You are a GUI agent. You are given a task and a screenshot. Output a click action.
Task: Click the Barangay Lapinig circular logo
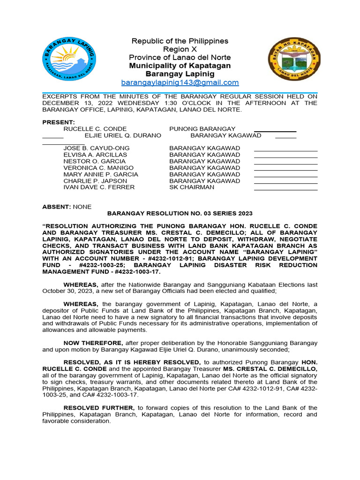69,59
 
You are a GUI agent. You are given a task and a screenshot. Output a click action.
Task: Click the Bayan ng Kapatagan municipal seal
294,60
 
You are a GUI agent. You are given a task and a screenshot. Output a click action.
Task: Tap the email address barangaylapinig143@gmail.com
180,82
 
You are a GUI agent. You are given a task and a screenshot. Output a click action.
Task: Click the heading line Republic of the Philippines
180,41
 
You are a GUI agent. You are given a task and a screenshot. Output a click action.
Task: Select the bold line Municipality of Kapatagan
180,66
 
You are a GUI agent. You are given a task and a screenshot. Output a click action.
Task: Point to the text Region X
180,49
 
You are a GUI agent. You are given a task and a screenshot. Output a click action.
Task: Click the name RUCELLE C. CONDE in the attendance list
95,129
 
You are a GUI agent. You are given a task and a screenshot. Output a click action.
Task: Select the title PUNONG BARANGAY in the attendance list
202,129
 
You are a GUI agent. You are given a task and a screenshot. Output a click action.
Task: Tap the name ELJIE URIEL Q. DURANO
123,135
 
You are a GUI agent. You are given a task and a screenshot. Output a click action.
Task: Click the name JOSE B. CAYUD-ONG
97,148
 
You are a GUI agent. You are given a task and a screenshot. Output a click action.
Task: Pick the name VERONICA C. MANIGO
98,168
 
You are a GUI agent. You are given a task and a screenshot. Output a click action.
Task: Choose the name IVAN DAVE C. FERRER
99,187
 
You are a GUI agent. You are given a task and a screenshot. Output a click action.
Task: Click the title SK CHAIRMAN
192,187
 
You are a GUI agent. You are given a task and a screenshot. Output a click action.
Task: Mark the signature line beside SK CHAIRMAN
285,190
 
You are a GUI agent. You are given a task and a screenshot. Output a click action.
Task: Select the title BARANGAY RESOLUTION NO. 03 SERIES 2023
180,213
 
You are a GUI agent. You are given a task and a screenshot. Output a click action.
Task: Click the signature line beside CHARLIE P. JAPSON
285,183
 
